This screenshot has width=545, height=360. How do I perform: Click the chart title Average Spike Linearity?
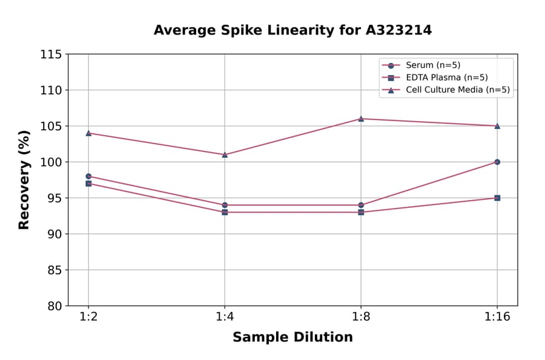pyautogui.click(x=292, y=30)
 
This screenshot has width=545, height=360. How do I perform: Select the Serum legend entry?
pyautogui.click(x=429, y=65)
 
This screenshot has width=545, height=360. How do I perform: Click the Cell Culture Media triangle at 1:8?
pyautogui.click(x=361, y=119)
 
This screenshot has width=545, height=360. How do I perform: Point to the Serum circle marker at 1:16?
pyautogui.click(x=497, y=162)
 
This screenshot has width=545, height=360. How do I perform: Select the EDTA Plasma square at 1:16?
pyautogui.click(x=497, y=198)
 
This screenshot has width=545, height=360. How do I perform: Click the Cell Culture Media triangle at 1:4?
pyautogui.click(x=225, y=155)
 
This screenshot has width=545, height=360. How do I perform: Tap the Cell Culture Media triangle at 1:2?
pyautogui.click(x=88, y=133)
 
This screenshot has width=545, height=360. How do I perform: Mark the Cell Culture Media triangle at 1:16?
pyautogui.click(x=497, y=126)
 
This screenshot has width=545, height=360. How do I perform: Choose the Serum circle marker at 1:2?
pyautogui.click(x=88, y=176)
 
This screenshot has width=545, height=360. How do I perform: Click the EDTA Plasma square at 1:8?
pyautogui.click(x=361, y=212)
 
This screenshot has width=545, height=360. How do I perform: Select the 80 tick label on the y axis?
pyautogui.click(x=54, y=305)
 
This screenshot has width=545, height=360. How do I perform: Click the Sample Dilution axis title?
pyautogui.click(x=292, y=338)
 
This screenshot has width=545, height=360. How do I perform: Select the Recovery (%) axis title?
pyautogui.click(x=24, y=180)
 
